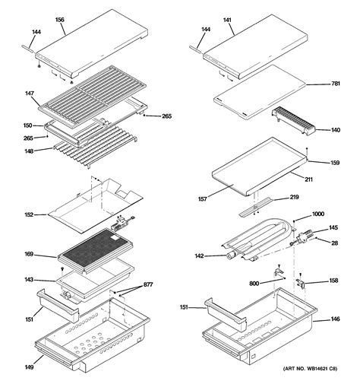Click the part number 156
(60, 20)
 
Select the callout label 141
(227, 20)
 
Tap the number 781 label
(336, 84)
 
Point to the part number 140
(336, 130)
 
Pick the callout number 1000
(318, 214)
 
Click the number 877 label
(148, 284)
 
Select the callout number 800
(254, 284)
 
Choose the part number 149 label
(29, 367)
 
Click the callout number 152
(29, 214)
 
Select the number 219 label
(294, 197)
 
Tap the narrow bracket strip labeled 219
(256, 207)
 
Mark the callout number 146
(335, 319)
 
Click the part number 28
(335, 243)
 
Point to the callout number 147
(29, 94)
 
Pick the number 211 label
(308, 179)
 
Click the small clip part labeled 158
(300, 283)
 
